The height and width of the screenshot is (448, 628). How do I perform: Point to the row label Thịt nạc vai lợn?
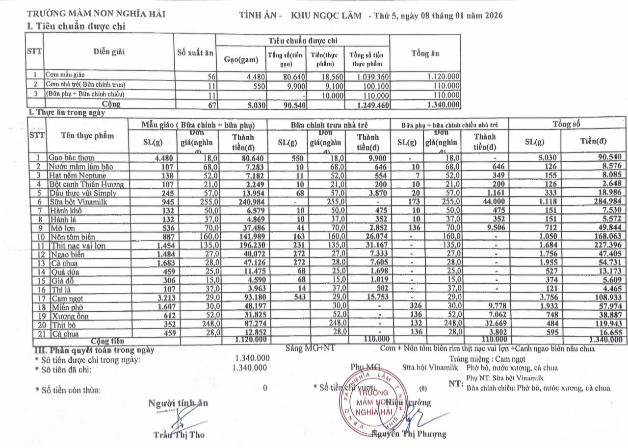point(77,246)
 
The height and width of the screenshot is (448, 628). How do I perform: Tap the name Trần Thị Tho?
point(179,435)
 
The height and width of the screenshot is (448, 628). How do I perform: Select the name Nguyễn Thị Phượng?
point(410,434)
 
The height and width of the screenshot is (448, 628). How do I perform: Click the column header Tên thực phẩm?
point(87,135)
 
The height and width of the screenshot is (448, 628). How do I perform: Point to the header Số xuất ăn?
point(195,53)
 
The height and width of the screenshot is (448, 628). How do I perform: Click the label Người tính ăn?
point(178,403)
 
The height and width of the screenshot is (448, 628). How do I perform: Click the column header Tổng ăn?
point(425,53)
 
